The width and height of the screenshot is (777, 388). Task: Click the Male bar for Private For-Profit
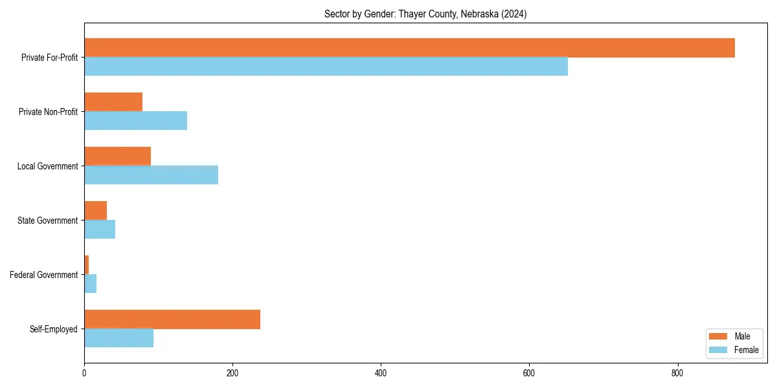(409, 48)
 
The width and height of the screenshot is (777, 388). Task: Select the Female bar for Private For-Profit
(326, 67)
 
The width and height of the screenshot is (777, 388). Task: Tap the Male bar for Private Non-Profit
(113, 102)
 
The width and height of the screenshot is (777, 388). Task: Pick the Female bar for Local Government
(151, 175)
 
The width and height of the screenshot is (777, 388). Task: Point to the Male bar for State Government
(95, 211)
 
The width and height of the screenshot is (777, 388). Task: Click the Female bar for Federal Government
(90, 284)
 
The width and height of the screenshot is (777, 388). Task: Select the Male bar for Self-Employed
(172, 319)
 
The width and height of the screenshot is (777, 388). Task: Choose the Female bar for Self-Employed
(118, 338)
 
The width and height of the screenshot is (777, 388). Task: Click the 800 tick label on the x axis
(677, 373)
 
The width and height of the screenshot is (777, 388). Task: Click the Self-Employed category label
(54, 329)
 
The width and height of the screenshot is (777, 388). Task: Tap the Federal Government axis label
(44, 275)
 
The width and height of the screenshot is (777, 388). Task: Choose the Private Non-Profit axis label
(48, 112)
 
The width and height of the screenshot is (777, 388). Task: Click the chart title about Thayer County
(425, 14)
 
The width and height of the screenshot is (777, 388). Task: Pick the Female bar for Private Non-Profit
(135, 121)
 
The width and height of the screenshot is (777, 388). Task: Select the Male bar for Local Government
(117, 156)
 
